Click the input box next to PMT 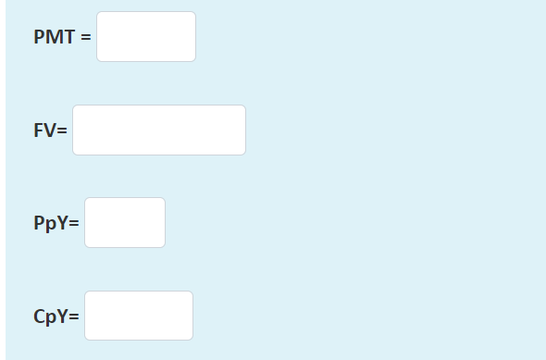[146, 37]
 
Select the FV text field [159, 130]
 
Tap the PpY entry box [125, 223]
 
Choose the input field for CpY [139, 316]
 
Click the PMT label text [54, 38]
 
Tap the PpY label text [51, 224]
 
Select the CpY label [51, 317]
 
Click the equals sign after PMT [86, 38]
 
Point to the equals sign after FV [63, 130]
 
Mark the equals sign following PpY [74, 224]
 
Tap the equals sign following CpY [74, 317]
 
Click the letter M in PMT [54, 38]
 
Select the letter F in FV [39, 130]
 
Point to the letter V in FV [50, 130]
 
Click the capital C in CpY [40, 317]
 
